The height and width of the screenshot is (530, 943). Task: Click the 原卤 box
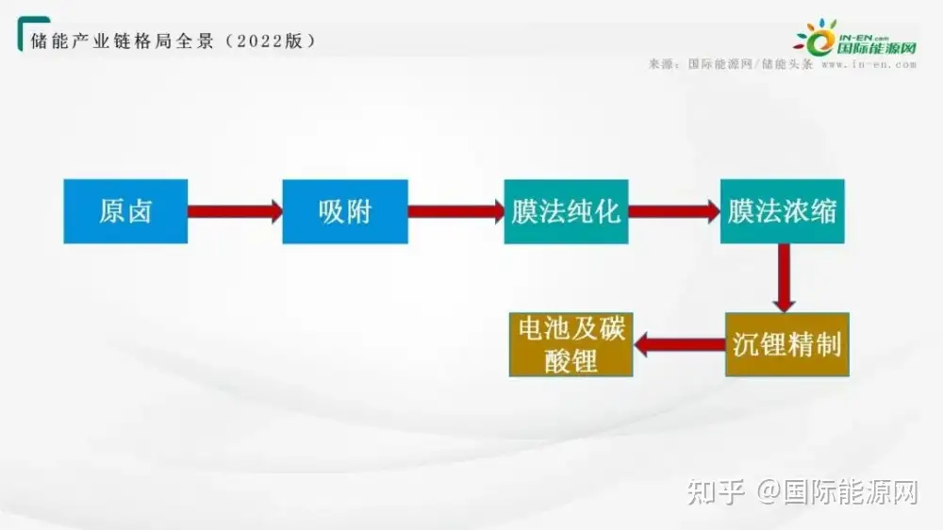(125, 211)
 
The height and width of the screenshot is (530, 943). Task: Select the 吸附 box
(345, 211)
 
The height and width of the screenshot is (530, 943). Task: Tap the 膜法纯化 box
(566, 211)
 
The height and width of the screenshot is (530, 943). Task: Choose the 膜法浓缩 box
(782, 211)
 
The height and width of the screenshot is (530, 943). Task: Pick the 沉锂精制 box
(786, 344)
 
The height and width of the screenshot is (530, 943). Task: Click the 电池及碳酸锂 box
(571, 344)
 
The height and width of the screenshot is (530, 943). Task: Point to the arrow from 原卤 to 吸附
(235, 211)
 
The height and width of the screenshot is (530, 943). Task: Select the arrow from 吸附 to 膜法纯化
(455, 211)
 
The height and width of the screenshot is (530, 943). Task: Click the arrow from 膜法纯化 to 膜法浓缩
(674, 211)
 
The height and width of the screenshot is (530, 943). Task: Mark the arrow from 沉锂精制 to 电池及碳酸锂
(679, 345)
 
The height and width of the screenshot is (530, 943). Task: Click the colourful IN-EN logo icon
(814, 38)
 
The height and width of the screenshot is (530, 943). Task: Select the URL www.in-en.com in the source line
(869, 65)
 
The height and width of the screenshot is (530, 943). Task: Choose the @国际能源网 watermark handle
(838, 491)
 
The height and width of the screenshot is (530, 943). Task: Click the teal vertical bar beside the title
(21, 36)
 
